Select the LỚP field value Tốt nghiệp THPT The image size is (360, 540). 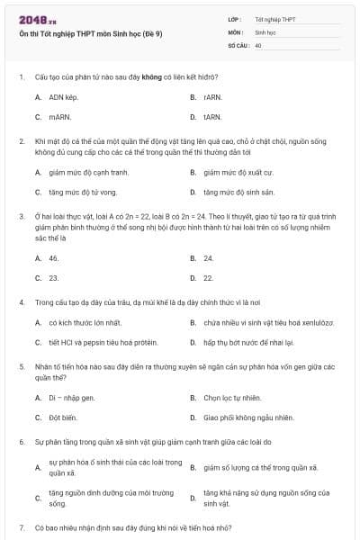click(x=274, y=19)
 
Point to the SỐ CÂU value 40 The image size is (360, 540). click(x=258, y=44)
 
